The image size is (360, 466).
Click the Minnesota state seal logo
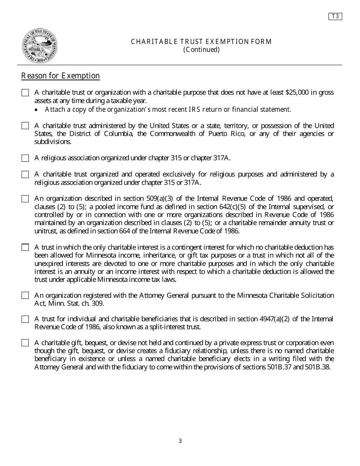tap(40, 46)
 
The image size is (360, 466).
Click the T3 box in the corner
tap(335, 16)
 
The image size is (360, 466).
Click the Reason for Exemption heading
tap(61, 76)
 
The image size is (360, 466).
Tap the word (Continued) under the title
tap(201, 50)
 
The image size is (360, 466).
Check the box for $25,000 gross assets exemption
tap(25, 93)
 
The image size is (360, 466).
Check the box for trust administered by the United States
tap(25, 126)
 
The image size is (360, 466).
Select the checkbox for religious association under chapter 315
tap(25, 158)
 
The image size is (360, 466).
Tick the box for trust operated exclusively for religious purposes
tap(25, 175)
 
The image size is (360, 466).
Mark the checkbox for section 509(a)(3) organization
tap(25, 199)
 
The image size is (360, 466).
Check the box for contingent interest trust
tap(25, 247)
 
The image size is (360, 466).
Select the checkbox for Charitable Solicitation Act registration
tap(25, 296)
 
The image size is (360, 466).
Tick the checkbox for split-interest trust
tap(25, 319)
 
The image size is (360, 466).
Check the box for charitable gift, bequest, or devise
tap(25, 343)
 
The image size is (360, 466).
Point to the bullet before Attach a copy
tap(36, 110)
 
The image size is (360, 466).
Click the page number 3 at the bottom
tap(180, 441)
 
